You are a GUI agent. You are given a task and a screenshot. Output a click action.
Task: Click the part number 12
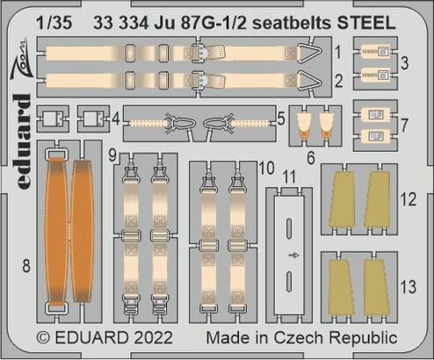point(408,199)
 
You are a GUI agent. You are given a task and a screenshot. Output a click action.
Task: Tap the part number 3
point(404,64)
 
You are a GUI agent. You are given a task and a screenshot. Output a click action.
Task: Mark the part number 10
point(267,165)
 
